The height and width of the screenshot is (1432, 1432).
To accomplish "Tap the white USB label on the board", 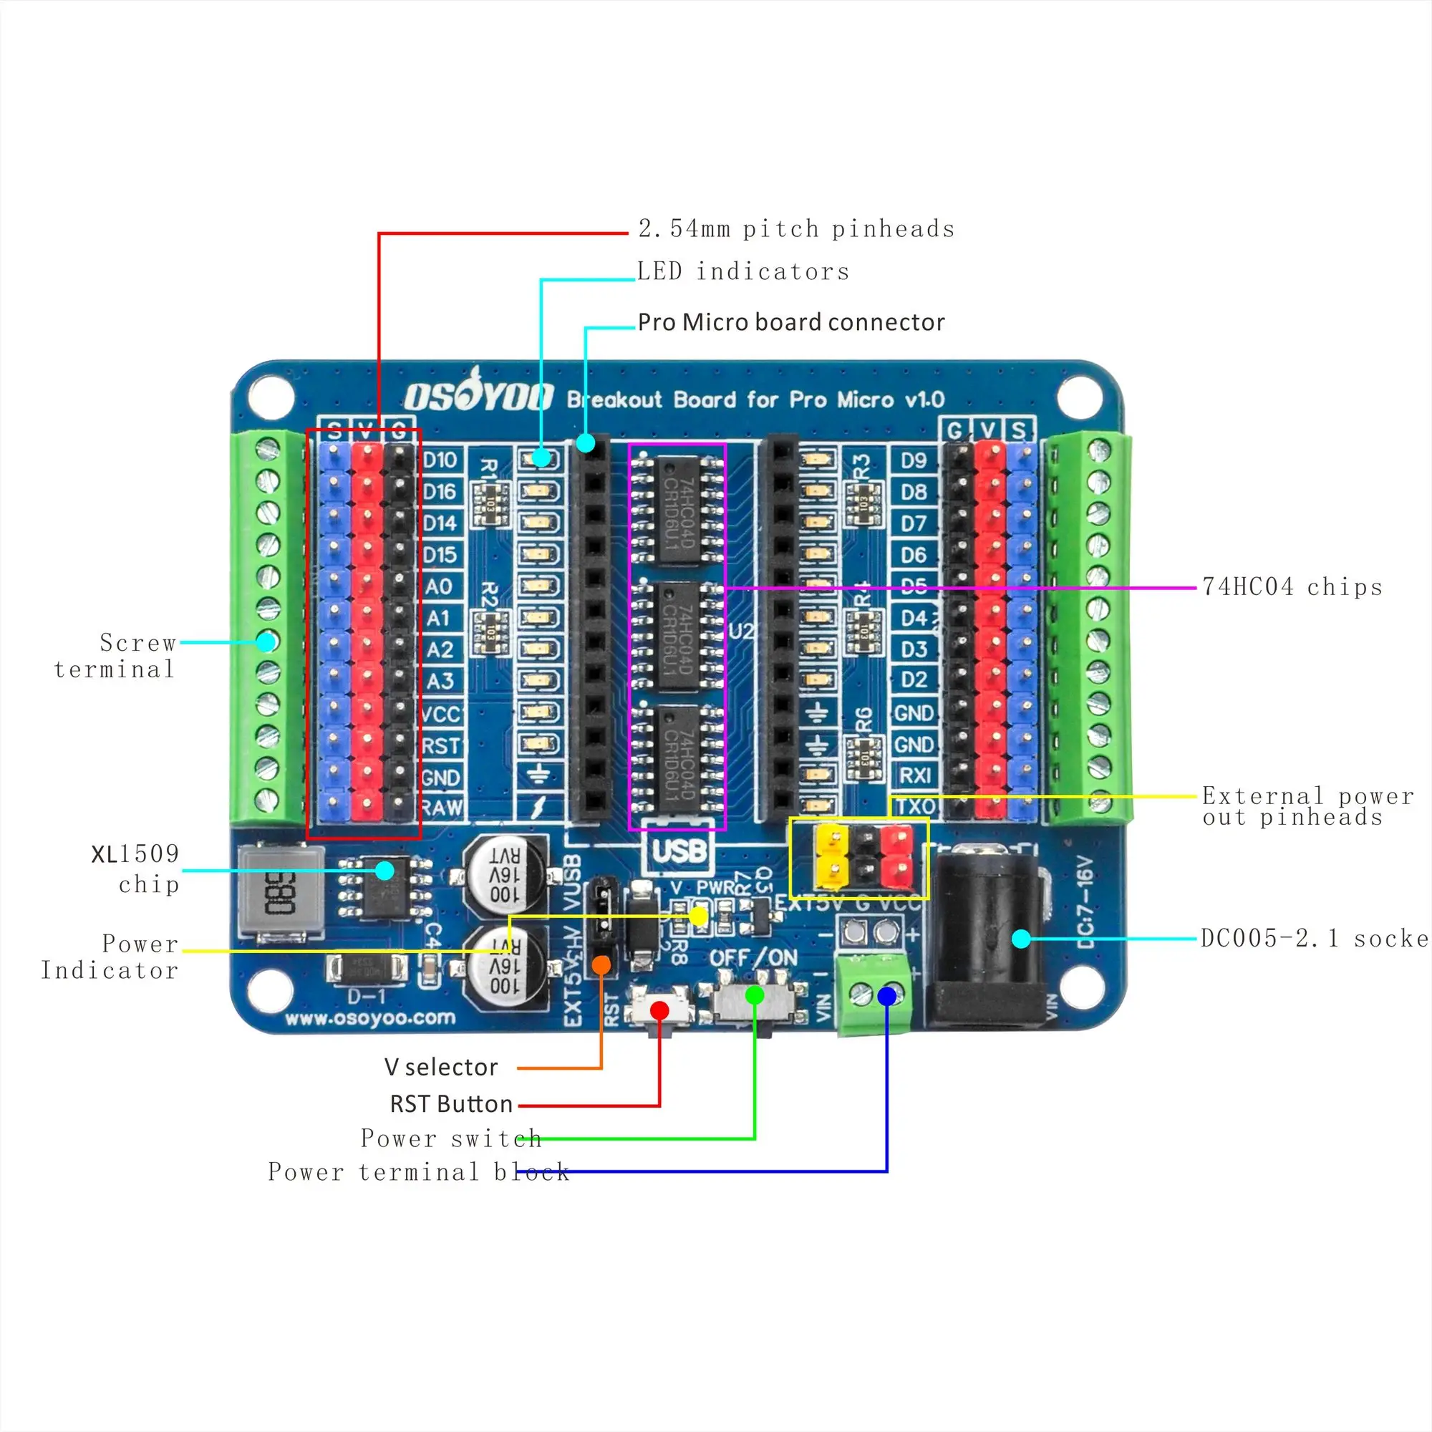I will click(x=678, y=850).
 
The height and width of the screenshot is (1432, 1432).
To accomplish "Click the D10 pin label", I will click(x=440, y=460).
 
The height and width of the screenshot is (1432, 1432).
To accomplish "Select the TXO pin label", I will click(x=914, y=806).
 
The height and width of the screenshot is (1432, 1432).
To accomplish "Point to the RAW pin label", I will click(x=442, y=808).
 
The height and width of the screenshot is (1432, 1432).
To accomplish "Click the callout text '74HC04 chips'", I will click(x=1292, y=587).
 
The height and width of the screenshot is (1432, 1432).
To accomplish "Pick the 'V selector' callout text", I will click(x=441, y=1068).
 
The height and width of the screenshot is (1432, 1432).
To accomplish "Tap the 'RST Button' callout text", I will click(x=450, y=1104).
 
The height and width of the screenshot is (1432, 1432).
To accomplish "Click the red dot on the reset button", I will click(x=659, y=1010).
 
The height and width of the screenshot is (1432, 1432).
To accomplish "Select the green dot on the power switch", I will click(x=755, y=995).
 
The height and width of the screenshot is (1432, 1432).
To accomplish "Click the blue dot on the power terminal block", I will click(x=886, y=996).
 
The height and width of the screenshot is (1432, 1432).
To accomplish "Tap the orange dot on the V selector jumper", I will click(x=602, y=964).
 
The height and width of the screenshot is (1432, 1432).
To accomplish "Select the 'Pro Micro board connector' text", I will click(x=791, y=322).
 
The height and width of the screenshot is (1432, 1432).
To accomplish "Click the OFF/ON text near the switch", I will click(x=753, y=957).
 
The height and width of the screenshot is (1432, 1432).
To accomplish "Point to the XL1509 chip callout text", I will click(x=136, y=869).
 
